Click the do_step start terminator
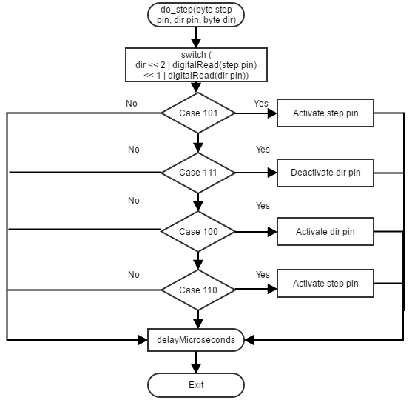pyautogui.click(x=196, y=15)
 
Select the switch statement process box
pyautogui.click(x=196, y=64)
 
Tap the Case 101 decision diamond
pyautogui.click(x=198, y=113)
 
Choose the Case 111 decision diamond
pyautogui.click(x=198, y=173)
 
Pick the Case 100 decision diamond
pyautogui.click(x=198, y=232)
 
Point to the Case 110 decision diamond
pyautogui.click(x=198, y=290)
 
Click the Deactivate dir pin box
pyautogui.click(x=325, y=173)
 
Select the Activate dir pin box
pyautogui.click(x=325, y=232)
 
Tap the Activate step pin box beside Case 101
pyautogui.click(x=325, y=113)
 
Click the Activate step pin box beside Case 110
pyautogui.click(x=325, y=284)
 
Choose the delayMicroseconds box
pyautogui.click(x=196, y=340)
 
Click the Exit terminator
pyautogui.click(x=196, y=385)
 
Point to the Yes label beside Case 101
pyautogui.click(x=261, y=104)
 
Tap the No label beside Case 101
pyautogui.click(x=132, y=104)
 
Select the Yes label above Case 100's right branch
pyautogui.click(x=263, y=205)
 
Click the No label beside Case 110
pyautogui.click(x=133, y=275)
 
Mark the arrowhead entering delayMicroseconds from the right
pyautogui.click(x=249, y=340)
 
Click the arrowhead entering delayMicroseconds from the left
pyautogui.click(x=143, y=340)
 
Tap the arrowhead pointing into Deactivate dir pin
pyautogui.click(x=272, y=173)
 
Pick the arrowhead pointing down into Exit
pyautogui.click(x=196, y=368)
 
